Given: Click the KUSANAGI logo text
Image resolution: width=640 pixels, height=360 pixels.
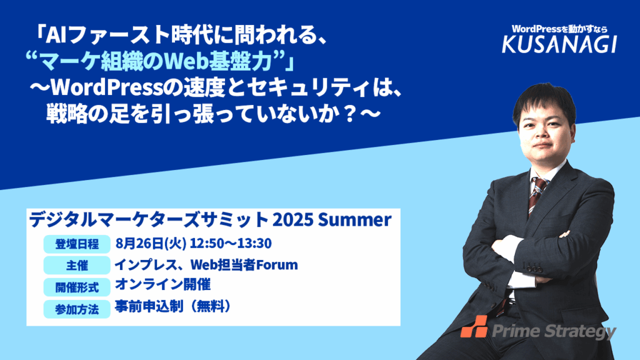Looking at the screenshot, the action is pos(559,44).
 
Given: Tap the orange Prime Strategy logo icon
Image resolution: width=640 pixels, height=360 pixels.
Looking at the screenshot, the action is pos(474,326).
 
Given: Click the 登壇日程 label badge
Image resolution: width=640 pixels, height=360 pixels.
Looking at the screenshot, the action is pos(77,244).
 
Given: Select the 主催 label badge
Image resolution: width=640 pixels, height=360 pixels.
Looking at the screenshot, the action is pos(77,266).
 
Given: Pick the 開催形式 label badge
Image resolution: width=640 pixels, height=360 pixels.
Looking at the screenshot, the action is pos(77,287).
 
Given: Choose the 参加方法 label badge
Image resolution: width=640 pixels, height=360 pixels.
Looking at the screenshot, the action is pos(77,309).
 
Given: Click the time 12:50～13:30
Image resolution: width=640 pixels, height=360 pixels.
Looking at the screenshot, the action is pos(231,243).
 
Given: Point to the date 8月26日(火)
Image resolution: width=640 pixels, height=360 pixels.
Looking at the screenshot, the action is pos(151,244).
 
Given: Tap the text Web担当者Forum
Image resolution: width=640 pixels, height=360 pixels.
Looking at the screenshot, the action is pos(244,265).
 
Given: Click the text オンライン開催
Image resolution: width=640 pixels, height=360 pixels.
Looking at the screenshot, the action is pos(163,284).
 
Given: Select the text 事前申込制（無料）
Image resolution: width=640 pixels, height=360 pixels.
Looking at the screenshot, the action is pos(172,306).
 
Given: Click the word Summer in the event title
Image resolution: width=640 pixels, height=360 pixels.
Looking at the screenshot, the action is pos(355,219).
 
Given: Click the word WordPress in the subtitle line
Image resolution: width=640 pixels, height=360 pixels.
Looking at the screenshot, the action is pos(106,87).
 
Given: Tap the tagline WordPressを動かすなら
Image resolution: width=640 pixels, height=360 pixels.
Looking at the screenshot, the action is pos(559,29).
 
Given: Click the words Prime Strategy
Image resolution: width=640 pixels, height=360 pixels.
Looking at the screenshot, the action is pos(554,331).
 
